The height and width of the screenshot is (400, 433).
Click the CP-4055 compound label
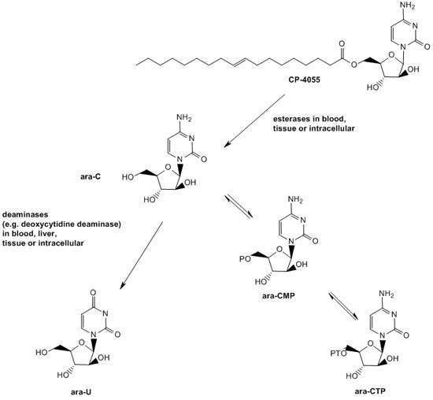pyautogui.click(x=305, y=80)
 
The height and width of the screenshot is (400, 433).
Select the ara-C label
pyautogui.click(x=91, y=176)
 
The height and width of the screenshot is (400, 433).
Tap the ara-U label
pyautogui.click(x=81, y=392)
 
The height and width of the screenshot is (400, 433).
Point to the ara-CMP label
pyautogui.click(x=278, y=295)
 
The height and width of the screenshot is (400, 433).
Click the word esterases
pyautogui.click(x=290, y=119)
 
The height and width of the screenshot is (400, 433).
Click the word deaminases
pyautogui.click(x=21, y=214)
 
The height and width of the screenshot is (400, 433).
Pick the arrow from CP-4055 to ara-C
pyautogui.click(x=254, y=121)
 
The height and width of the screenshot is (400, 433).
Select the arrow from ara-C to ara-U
pyautogui.click(x=142, y=255)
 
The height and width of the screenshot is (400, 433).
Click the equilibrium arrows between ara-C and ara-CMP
pyautogui.click(x=239, y=206)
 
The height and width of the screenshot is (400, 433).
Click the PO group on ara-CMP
pyautogui.click(x=245, y=259)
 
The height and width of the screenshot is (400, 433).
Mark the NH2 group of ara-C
pyautogui.click(x=184, y=117)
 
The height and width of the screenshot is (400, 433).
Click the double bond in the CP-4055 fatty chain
pyautogui.click(x=239, y=62)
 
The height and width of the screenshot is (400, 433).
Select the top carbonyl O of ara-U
pyautogui.click(x=93, y=292)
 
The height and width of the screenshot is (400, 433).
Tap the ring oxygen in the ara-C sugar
pyautogui.click(x=168, y=167)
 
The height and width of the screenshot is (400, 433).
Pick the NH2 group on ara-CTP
pyautogui.click(x=387, y=294)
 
